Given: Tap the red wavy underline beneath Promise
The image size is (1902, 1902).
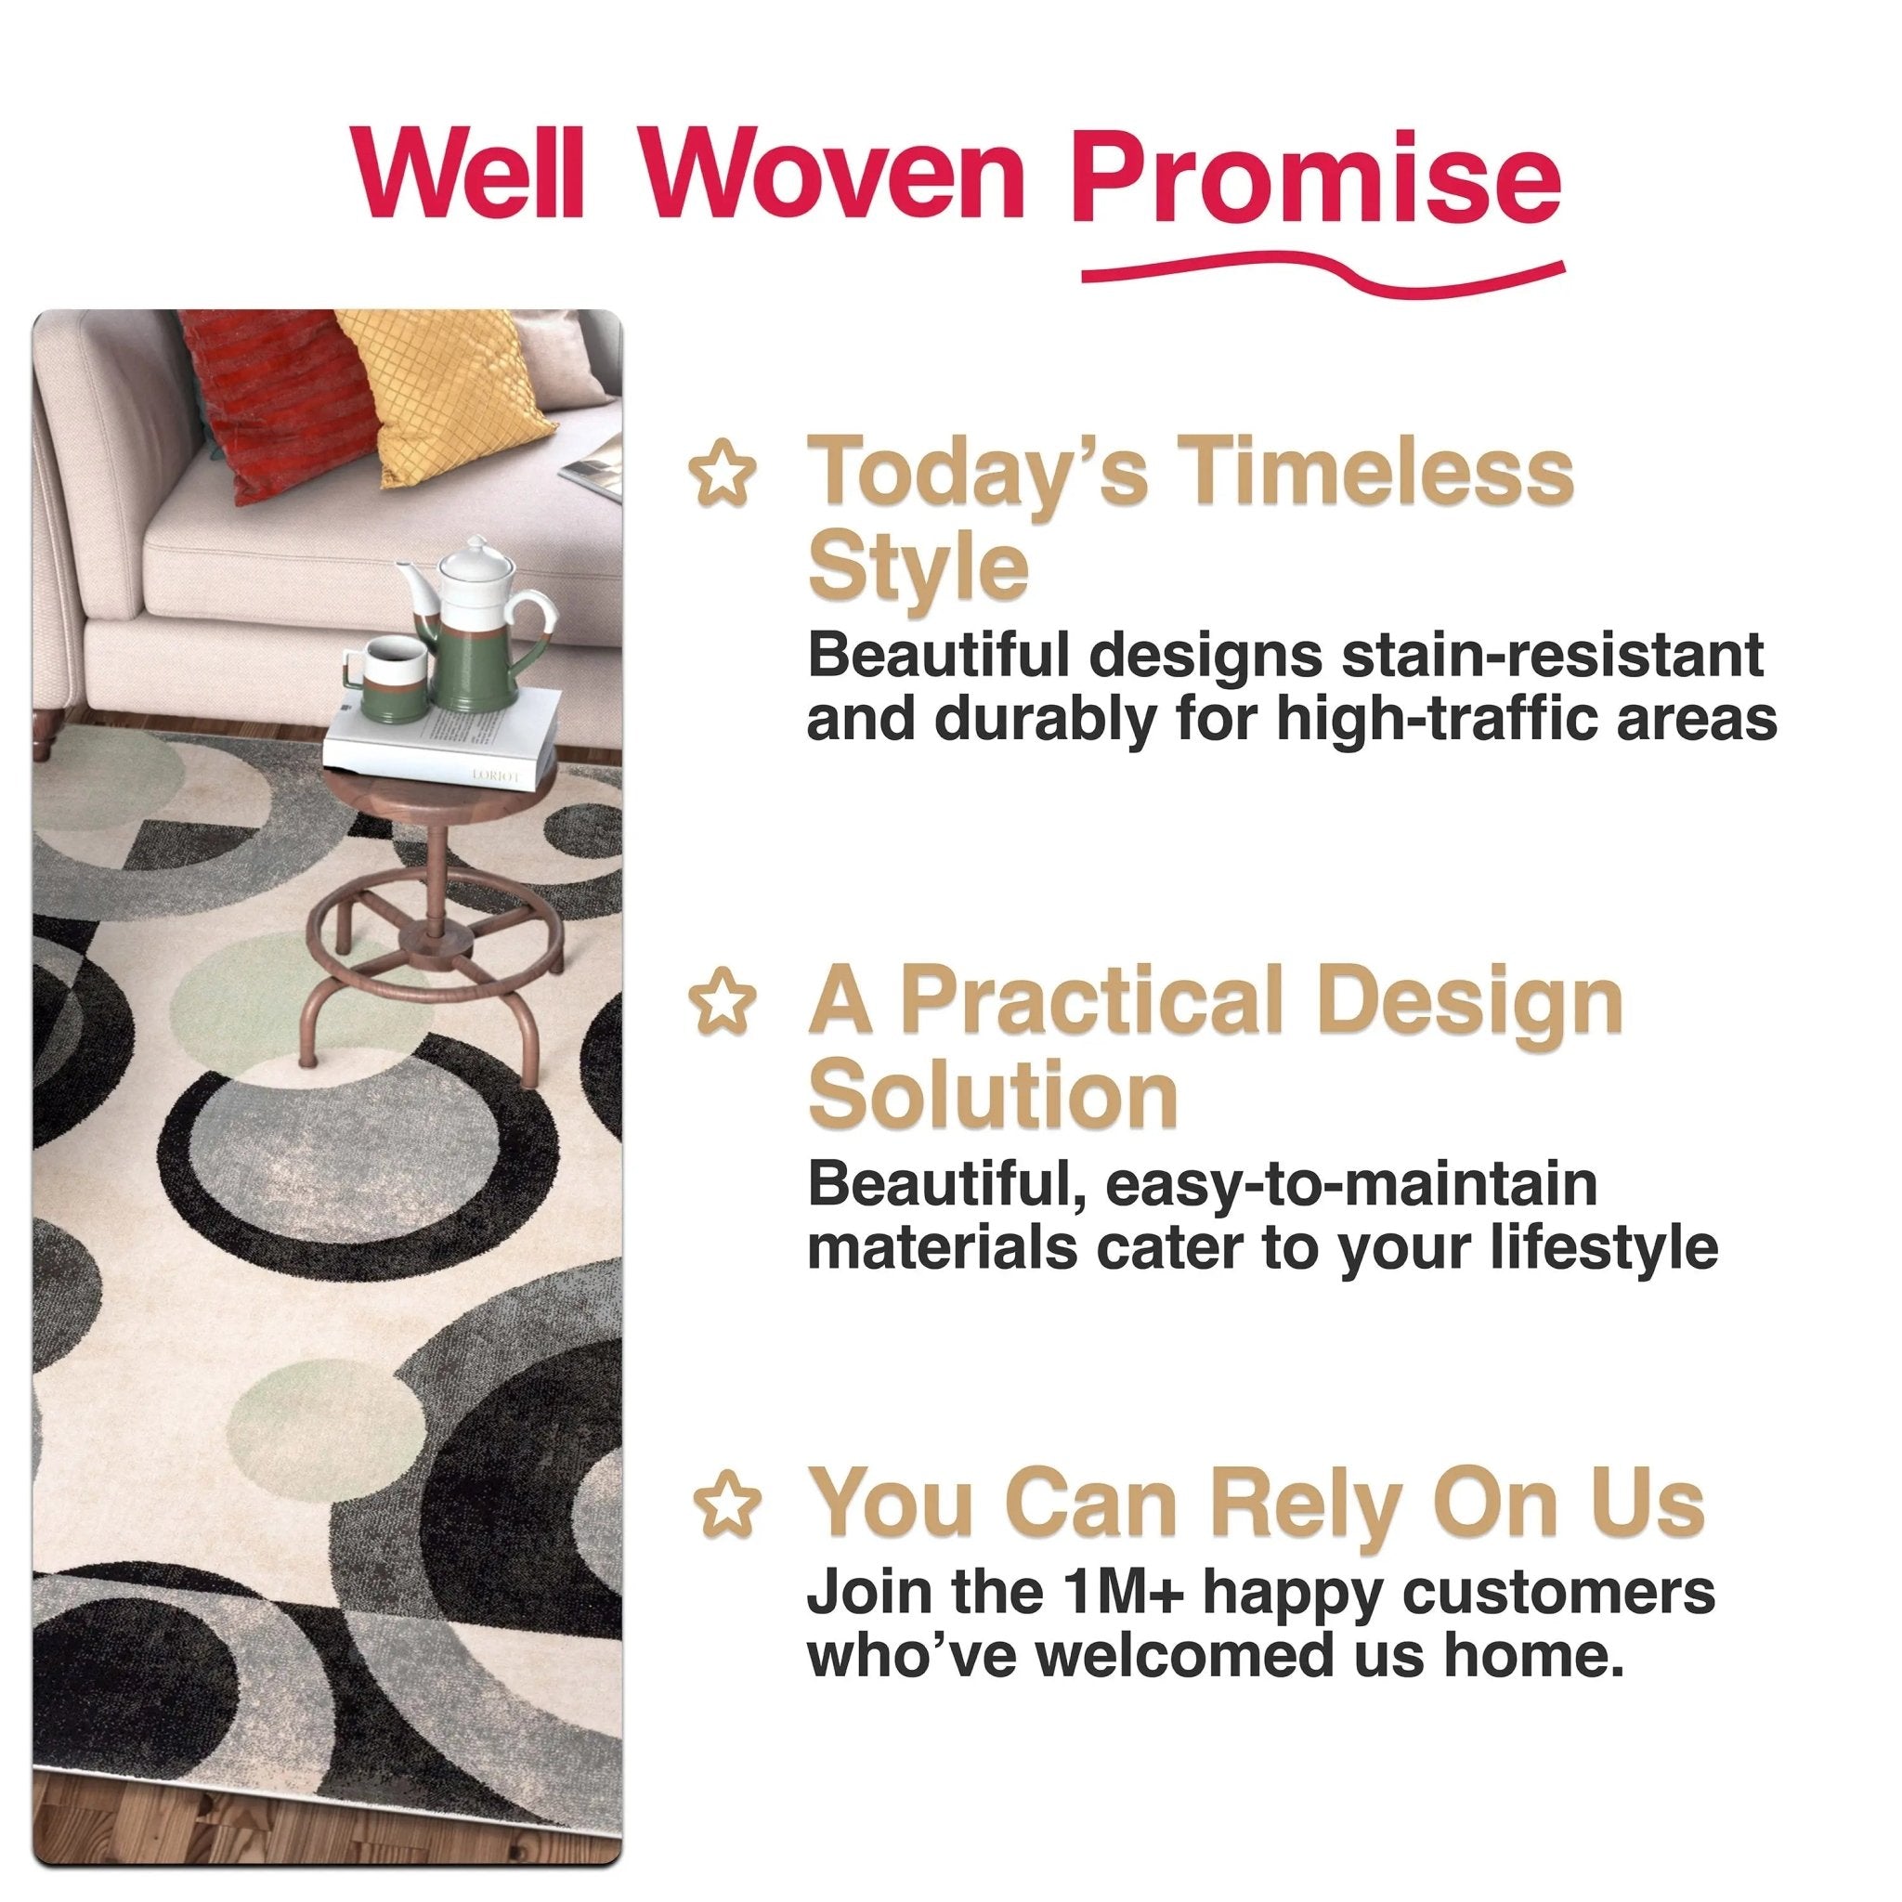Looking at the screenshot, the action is click(x=1322, y=277).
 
